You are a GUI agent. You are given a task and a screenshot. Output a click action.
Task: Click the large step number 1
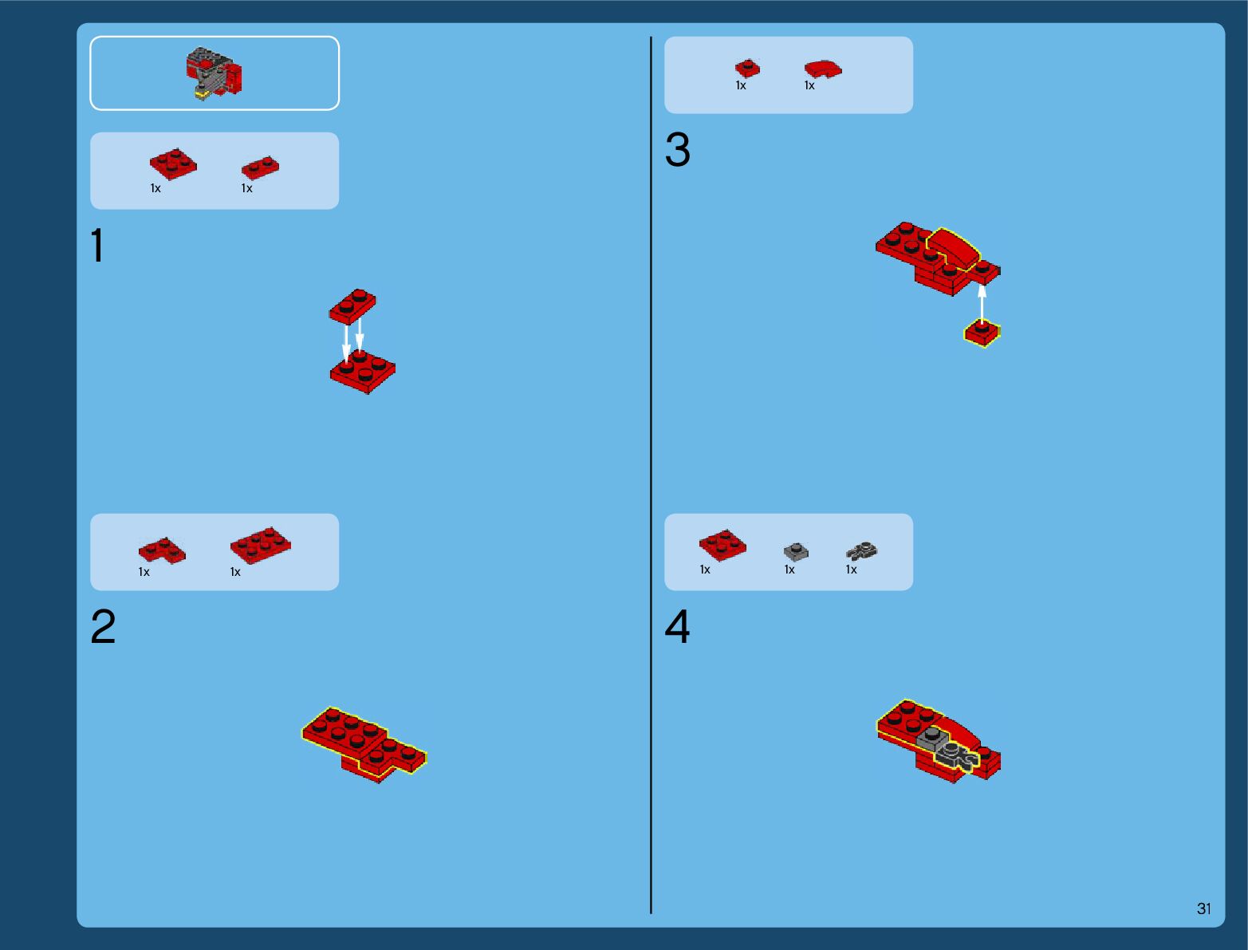(98, 245)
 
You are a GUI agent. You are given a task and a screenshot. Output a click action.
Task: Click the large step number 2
(103, 626)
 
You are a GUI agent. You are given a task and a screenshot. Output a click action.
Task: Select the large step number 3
(677, 149)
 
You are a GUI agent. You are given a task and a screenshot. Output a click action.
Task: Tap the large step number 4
(677, 626)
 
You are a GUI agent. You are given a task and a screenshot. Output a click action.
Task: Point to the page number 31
(1203, 909)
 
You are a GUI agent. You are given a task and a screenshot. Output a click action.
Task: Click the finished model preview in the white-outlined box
(215, 73)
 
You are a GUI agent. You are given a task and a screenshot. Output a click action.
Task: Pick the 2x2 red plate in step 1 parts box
(173, 164)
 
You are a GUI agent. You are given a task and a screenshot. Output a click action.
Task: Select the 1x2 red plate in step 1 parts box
(261, 168)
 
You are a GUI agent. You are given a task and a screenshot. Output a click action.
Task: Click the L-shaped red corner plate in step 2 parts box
(162, 550)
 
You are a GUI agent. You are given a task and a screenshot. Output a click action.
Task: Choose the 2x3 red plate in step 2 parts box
(261, 546)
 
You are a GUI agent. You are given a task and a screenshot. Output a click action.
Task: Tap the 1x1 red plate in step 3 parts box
(747, 69)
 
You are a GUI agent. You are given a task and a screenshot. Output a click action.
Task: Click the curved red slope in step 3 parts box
(823, 69)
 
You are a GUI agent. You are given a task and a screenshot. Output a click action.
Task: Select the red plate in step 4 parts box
(722, 546)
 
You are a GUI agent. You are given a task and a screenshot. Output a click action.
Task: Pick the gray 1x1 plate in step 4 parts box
(796, 551)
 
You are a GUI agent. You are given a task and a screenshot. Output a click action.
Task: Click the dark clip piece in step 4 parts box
(862, 550)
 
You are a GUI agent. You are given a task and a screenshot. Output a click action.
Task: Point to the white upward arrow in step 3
(982, 305)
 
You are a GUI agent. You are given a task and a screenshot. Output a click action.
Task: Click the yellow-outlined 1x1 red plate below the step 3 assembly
(982, 333)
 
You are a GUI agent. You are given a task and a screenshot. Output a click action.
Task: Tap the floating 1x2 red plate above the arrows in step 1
(352, 306)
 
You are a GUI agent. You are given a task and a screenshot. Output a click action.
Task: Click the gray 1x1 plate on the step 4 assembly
(932, 739)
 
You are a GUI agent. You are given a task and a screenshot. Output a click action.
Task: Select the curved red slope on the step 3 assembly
(953, 247)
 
